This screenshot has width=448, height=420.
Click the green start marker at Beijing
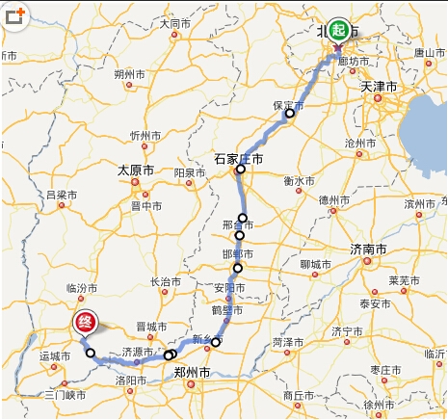[337, 29]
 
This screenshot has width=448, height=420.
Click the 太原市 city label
[136, 170]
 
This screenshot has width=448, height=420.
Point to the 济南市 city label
[369, 249]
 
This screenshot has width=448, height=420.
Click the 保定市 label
[290, 103]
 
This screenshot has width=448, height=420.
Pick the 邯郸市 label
[237, 254]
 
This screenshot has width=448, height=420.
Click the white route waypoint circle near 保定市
[289, 115]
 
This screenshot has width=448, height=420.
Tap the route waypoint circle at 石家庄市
[241, 170]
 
